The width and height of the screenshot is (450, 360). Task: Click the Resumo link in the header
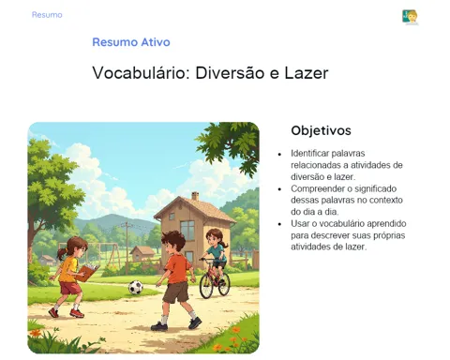pyautogui.click(x=47, y=15)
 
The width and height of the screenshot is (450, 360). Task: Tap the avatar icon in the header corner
pyautogui.click(x=410, y=17)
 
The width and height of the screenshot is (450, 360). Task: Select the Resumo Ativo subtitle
pyautogui.click(x=131, y=42)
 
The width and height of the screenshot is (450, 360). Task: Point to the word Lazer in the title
pyautogui.click(x=307, y=73)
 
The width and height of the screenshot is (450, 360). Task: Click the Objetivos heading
pyautogui.click(x=321, y=130)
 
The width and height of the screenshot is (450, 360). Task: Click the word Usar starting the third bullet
pyautogui.click(x=299, y=224)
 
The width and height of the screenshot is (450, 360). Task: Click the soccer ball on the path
pyautogui.click(x=136, y=287)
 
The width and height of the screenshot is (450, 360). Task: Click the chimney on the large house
pyautogui.click(x=195, y=196)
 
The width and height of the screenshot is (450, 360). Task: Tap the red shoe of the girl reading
pyautogui.click(x=77, y=313)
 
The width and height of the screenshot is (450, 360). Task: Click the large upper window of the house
pyautogui.click(x=187, y=230)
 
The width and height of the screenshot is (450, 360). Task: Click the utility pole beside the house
pyautogui.click(x=127, y=247)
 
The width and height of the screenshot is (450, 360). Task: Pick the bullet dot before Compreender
pyautogui.click(x=279, y=189)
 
